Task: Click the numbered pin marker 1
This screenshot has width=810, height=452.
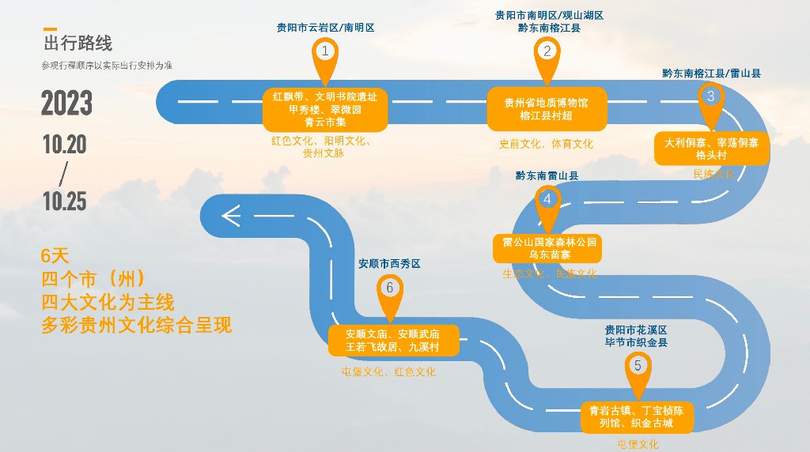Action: click(x=324, y=53)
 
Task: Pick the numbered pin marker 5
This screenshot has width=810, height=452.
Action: click(x=638, y=367)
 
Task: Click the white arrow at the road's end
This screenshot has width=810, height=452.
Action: click(x=230, y=215)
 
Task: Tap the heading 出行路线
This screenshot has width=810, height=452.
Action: click(x=78, y=43)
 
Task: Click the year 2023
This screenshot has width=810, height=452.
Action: click(x=67, y=104)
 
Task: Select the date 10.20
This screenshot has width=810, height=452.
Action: click(x=65, y=145)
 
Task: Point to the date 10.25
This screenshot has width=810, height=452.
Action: click(x=65, y=202)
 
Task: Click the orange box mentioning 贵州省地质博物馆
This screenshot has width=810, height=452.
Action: click(x=547, y=109)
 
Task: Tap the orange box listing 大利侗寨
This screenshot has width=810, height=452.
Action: click(x=711, y=149)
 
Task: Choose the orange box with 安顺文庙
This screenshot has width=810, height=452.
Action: click(x=392, y=340)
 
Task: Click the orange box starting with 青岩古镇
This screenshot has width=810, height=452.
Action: click(x=637, y=416)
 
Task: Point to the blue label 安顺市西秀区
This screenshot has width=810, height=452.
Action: click(x=389, y=264)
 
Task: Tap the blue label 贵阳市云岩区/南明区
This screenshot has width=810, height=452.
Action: click(x=325, y=28)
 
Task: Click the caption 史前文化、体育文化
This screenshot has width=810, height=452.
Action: click(x=546, y=144)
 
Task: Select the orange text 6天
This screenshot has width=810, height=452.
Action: click(x=55, y=256)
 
